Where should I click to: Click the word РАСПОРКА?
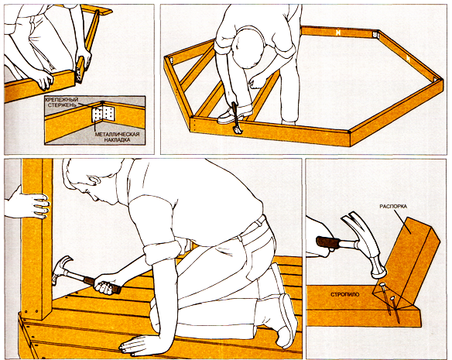coord(393,207)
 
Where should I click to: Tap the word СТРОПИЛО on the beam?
coord(344,294)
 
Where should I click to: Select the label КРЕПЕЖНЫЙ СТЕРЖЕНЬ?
coord(62,102)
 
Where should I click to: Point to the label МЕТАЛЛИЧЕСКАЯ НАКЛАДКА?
coord(117,137)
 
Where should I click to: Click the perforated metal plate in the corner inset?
coord(103,114)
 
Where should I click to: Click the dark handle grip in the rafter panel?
coord(327,242)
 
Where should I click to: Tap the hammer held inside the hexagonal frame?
coord(237,118)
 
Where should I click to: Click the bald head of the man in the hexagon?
coord(248,46)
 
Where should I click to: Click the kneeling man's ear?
coord(94,182)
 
